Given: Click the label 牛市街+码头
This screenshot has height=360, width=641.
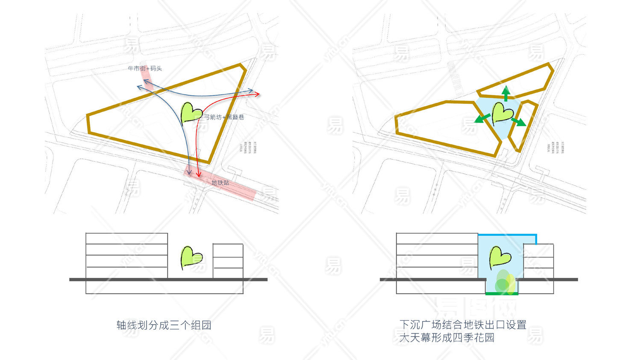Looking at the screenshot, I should pos(145,68).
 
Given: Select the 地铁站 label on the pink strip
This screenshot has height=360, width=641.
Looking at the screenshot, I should pos(220,183).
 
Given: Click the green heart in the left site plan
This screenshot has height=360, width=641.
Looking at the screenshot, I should pos(191,113).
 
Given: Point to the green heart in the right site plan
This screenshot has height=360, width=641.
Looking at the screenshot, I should pos(502,113).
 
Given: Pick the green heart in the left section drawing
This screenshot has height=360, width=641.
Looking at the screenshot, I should pos(191,257).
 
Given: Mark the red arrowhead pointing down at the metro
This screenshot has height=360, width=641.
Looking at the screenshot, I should pos(198,175).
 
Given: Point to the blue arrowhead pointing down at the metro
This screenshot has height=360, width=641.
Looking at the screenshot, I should pos(189,172).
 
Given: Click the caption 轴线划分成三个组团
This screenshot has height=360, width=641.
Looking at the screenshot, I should pos(164,325).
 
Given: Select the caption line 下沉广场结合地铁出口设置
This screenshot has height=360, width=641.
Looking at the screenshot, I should pos(463,325).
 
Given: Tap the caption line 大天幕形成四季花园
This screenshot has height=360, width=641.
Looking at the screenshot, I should pos(447,338).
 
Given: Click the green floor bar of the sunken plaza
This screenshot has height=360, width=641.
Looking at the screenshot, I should pos(502,294).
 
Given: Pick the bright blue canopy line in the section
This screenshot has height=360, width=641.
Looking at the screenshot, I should pos(507,235).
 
